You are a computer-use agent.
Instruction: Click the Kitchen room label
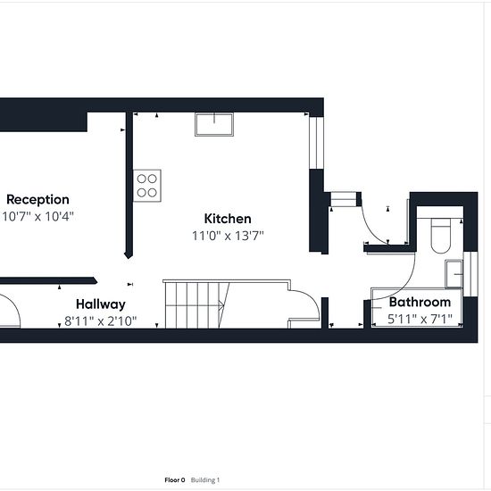click(228, 219)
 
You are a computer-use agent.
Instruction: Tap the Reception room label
click(37, 199)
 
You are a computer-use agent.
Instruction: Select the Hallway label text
click(101, 304)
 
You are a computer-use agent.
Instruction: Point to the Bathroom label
click(420, 302)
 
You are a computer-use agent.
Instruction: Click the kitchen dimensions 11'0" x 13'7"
click(228, 236)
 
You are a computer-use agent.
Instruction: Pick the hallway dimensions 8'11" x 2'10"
click(101, 321)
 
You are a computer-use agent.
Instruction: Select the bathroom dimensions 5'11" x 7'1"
click(420, 319)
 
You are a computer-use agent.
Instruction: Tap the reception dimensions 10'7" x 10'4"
click(37, 216)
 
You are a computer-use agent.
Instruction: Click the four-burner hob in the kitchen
click(147, 186)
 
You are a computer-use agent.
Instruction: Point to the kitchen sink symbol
click(214, 124)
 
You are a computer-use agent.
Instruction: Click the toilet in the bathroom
click(441, 236)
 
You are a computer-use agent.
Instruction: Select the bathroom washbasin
click(454, 274)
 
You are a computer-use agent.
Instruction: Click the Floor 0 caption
click(175, 480)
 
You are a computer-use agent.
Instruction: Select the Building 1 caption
click(205, 480)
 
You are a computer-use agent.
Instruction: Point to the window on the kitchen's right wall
click(316, 143)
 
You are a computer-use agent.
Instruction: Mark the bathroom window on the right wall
click(470, 274)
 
